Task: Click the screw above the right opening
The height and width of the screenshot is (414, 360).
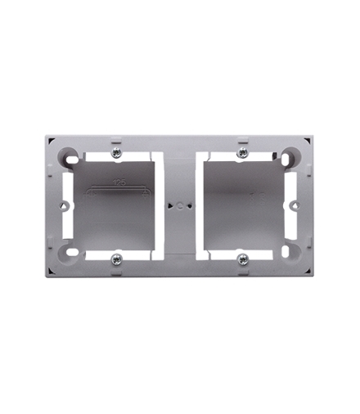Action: coord(242,153)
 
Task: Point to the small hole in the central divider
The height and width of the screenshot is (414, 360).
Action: coord(180,206)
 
